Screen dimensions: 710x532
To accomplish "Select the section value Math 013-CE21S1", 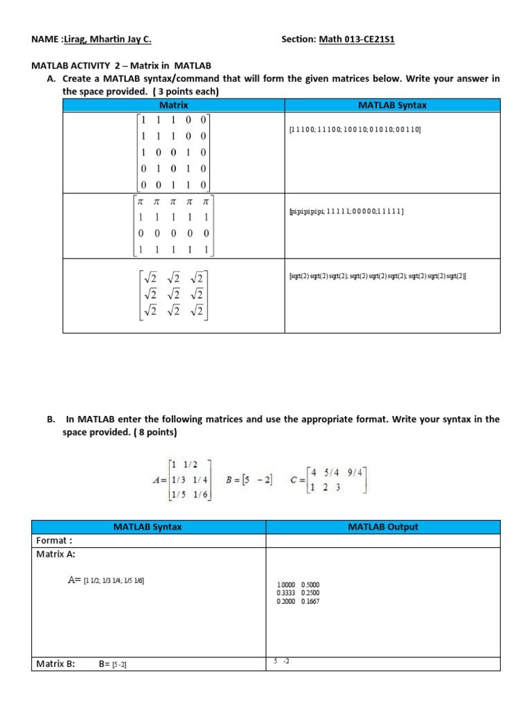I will tap(356, 40).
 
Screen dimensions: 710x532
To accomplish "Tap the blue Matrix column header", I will tap(174, 105).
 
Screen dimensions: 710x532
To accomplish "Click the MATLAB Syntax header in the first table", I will tap(392, 105).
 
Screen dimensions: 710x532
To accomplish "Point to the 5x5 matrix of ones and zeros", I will tap(174, 153).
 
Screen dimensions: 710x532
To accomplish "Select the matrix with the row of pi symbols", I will tap(174, 225).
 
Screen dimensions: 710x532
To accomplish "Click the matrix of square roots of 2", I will tap(174, 296).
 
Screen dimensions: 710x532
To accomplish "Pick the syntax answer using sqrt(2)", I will tap(378, 276).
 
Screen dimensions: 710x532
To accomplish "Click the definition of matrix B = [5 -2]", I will tap(250, 479).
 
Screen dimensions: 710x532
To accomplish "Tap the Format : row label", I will tap(54, 540).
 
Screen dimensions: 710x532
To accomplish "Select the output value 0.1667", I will tap(310, 601).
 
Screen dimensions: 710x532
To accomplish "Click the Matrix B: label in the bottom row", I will tap(55, 664).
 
